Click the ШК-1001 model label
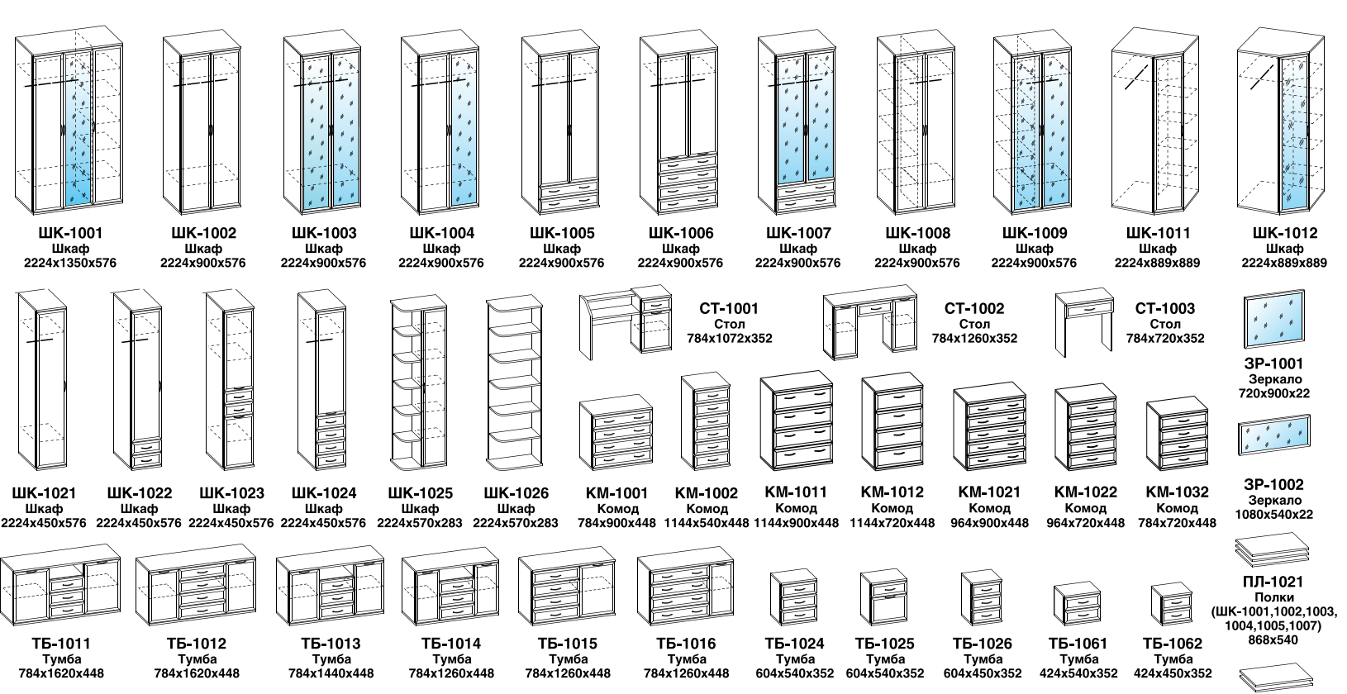70,233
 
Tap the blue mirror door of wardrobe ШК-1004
464,130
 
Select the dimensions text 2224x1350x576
69,263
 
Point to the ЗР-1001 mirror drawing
1273,319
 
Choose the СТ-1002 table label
974,308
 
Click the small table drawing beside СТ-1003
1083,320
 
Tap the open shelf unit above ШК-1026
514,383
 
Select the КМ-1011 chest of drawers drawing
796,421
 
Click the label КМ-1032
1177,492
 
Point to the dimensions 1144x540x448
707,523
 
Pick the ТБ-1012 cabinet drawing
196,589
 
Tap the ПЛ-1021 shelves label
1273,582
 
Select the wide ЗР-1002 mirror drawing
1273,435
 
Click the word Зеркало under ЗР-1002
1274,501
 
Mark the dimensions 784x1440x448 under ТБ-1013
331,673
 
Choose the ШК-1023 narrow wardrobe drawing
231,380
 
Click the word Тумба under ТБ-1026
983,659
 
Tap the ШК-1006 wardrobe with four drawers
679,122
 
